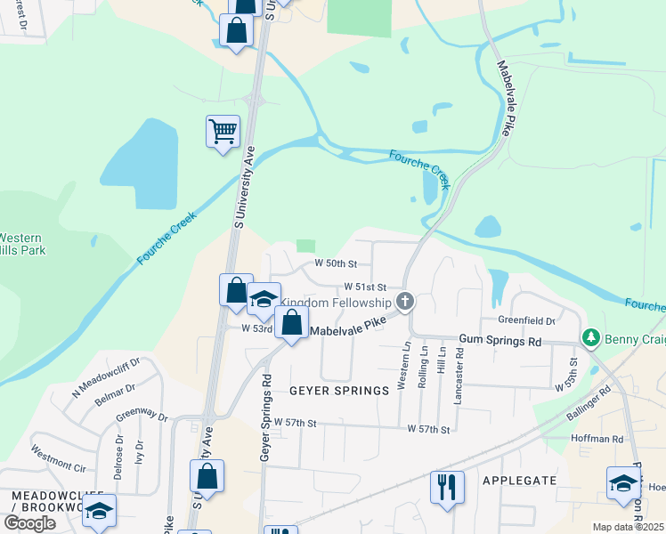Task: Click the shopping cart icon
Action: [223, 132]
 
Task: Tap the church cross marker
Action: [405, 301]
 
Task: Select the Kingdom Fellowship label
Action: [337, 303]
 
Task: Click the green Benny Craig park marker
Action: [589, 338]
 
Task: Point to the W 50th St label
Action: [336, 264]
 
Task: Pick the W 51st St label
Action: [366, 287]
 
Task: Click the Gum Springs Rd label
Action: [499, 341]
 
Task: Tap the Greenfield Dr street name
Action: [526, 320]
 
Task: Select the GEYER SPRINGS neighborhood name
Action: [338, 391]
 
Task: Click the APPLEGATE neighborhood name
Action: [519, 481]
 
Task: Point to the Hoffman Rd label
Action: [598, 439]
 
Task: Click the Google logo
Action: [29, 523]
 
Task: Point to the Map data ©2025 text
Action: [628, 527]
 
